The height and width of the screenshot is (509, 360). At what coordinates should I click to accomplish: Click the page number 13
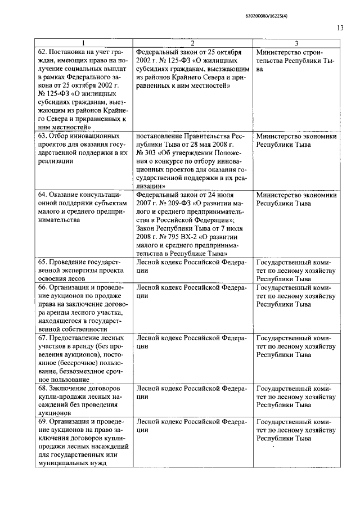[340, 27]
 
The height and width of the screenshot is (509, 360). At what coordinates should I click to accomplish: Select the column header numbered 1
[82, 44]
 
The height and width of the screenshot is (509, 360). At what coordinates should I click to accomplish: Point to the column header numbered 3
[296, 44]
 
